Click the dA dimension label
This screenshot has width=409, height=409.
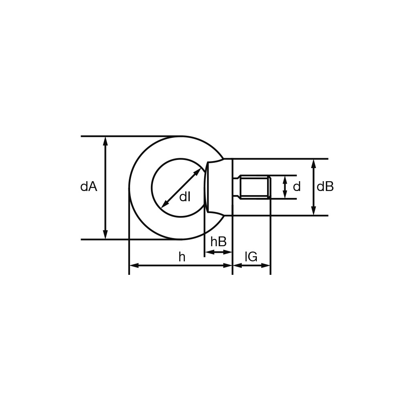[89, 187]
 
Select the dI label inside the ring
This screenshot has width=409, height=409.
[185, 197]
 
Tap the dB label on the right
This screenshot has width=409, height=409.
[325, 187]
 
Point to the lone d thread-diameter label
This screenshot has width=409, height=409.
[297, 187]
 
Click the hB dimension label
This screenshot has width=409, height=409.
[218, 242]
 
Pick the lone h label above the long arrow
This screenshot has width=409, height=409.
[182, 257]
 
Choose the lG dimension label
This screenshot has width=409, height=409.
[251, 257]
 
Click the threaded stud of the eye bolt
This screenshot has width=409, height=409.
[254, 187]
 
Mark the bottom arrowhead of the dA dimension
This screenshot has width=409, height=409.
[106, 235]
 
